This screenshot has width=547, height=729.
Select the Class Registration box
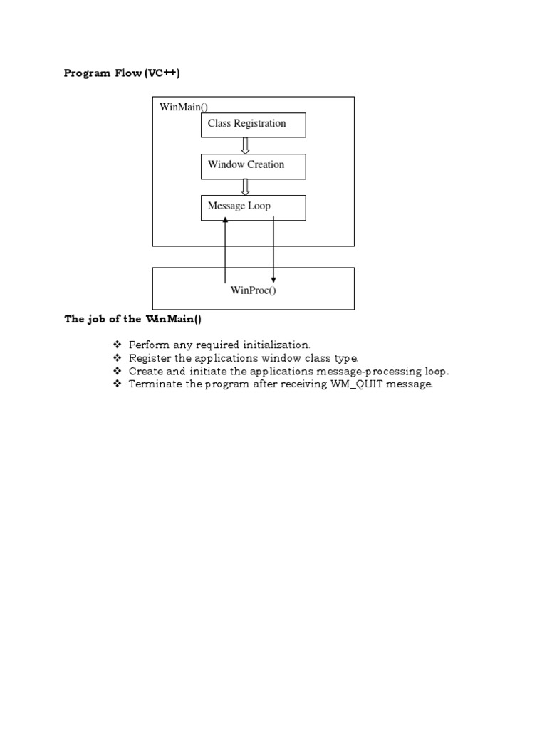pyautogui.click(x=253, y=125)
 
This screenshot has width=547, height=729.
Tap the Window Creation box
pyautogui.click(x=253, y=166)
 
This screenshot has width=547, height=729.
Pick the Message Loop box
pyautogui.click(x=253, y=207)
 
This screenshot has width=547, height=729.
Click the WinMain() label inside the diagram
pyautogui.click(x=184, y=107)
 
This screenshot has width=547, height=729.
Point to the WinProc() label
pyautogui.click(x=253, y=290)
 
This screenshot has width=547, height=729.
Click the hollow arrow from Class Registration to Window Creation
pyautogui.click(x=246, y=145)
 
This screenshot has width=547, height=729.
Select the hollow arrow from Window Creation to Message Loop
pyautogui.click(x=246, y=187)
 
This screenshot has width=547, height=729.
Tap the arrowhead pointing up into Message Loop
pyautogui.click(x=225, y=221)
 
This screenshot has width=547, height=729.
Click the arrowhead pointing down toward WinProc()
pyautogui.click(x=273, y=280)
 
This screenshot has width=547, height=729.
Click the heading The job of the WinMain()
pyautogui.click(x=133, y=319)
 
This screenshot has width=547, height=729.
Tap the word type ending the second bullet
pyautogui.click(x=345, y=358)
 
